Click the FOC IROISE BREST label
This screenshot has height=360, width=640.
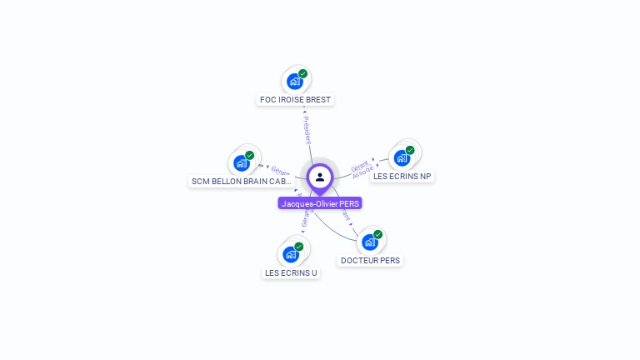click(295, 100)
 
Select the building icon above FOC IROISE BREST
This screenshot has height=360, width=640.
click(294, 82)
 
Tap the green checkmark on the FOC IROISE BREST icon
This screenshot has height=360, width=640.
click(302, 73)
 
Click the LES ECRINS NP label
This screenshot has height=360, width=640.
click(402, 177)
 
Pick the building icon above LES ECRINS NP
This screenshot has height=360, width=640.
click(402, 158)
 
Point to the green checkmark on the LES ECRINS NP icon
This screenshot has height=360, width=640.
click(410, 150)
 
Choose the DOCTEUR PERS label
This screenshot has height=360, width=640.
click(370, 260)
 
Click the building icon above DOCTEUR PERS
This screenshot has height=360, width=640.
click(369, 242)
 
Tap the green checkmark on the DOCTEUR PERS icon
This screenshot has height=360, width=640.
click(377, 234)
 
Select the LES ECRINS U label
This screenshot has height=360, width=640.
click(291, 272)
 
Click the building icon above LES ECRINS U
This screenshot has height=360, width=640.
click(291, 254)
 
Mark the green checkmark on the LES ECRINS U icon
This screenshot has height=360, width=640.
click(299, 246)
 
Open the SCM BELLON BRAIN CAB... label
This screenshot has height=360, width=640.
click(241, 181)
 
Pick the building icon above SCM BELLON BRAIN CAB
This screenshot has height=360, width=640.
click(241, 162)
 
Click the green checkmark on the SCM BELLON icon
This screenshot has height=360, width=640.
click(249, 155)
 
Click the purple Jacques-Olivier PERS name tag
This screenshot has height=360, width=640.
click(320, 203)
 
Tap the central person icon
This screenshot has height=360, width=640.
click(320, 177)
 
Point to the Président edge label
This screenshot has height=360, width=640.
click(307, 129)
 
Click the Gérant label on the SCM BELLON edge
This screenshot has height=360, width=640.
click(280, 172)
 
